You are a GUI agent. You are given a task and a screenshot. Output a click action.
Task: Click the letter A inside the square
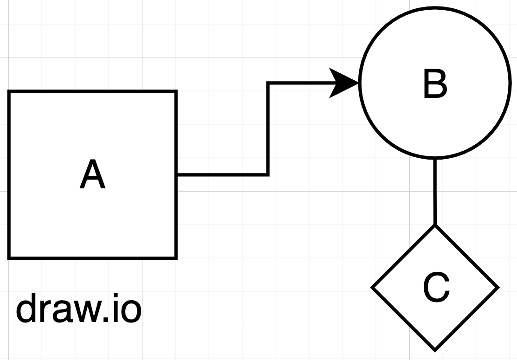92,175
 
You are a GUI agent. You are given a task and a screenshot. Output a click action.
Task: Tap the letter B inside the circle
435,84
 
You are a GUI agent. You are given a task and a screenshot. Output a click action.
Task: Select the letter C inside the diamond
436,288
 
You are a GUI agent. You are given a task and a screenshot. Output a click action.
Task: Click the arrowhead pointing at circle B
343,83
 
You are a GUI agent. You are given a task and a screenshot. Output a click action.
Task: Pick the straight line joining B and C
435,192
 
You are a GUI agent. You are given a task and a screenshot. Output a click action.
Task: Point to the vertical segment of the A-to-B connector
268,129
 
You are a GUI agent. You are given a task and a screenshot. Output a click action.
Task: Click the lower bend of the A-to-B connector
268,174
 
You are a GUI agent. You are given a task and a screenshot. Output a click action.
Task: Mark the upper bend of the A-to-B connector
268,84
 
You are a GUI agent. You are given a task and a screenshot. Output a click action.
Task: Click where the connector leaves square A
177,174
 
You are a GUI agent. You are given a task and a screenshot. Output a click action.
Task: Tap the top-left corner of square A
9,92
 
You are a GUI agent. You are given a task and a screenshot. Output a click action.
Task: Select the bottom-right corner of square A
176,257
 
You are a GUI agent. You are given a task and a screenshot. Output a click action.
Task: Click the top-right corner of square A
176,92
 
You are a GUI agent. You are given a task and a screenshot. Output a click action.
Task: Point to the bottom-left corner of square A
9,257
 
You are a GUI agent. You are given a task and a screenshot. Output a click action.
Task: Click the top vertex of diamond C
435,226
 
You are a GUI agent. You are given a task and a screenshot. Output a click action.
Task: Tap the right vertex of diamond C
498,288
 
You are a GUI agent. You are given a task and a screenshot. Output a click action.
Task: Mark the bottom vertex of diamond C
435,349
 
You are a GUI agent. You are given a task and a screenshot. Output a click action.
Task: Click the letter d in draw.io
27,309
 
